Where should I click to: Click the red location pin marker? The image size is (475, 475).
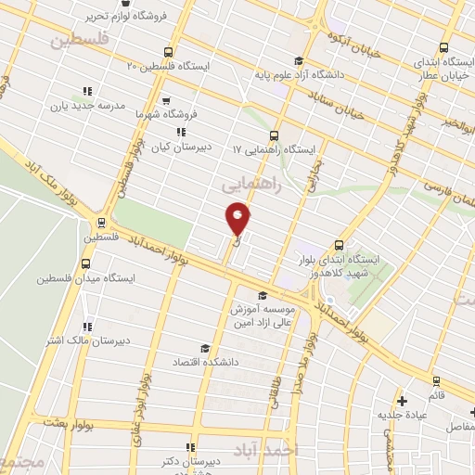coord(237,220)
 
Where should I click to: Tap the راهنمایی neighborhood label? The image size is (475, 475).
coord(249,186)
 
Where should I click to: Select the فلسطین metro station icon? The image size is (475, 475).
coord(100,223)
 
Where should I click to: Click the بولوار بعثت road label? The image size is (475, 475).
coord(69,421)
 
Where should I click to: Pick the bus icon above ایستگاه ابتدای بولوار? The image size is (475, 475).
coord(340,245)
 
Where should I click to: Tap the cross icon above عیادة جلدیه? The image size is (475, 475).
coord(402,401)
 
